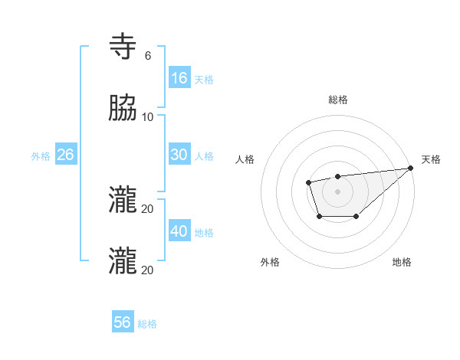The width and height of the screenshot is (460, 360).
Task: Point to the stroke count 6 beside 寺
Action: tap(148, 56)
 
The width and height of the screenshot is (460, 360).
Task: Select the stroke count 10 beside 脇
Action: tap(148, 116)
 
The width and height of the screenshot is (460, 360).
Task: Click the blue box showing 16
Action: tap(179, 78)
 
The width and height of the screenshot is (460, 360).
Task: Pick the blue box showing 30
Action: tap(179, 155)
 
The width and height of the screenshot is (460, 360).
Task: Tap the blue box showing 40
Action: tap(179, 231)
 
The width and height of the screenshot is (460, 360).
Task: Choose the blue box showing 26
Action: tap(66, 155)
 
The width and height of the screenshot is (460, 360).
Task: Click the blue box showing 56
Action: tap(123, 322)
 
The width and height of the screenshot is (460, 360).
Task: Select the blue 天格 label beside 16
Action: tap(204, 80)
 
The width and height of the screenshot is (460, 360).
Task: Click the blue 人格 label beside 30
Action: tap(204, 156)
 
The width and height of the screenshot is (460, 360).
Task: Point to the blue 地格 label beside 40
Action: tap(204, 233)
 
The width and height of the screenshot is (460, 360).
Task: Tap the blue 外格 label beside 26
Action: tap(41, 156)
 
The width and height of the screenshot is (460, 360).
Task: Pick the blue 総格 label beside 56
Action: tap(147, 324)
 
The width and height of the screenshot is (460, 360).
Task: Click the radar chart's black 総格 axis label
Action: tap(338, 100)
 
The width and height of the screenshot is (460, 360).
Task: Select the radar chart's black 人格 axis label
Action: tap(245, 159)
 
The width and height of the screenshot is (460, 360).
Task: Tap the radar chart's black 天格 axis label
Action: tap(431, 159)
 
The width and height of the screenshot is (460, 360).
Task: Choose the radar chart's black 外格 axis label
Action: tap(270, 262)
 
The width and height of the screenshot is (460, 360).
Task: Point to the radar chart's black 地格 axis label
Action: tap(402, 262)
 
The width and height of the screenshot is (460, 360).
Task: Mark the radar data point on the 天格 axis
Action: tap(411, 169)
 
